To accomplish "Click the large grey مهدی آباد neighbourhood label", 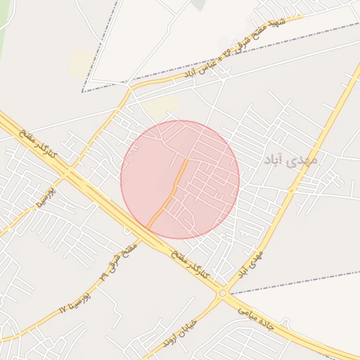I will (290, 160).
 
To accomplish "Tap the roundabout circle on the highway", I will (223, 293).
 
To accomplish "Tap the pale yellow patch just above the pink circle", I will (162, 107).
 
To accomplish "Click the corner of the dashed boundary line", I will (82, 91).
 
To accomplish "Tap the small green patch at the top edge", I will (199, 4).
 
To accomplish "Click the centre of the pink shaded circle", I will (180, 180).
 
